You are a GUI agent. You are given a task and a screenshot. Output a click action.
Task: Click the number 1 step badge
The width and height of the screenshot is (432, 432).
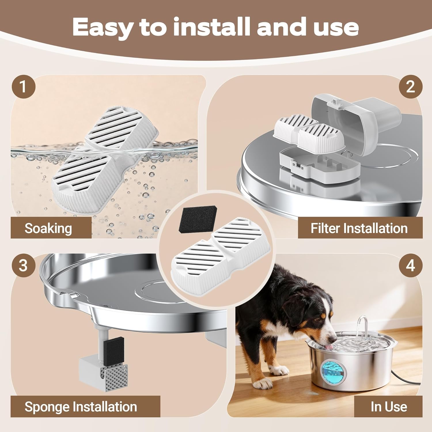pyautogui.click(x=23, y=87)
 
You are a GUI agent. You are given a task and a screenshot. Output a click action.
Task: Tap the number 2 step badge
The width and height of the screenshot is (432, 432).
pyautogui.click(x=410, y=87)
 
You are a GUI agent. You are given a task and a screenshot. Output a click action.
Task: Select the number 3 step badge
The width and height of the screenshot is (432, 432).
pyautogui.click(x=23, y=265)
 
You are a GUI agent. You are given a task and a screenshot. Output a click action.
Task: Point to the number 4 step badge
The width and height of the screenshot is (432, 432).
pyautogui.click(x=410, y=265)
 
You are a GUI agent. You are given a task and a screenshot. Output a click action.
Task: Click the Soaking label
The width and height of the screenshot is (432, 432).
pyautogui.click(x=48, y=228)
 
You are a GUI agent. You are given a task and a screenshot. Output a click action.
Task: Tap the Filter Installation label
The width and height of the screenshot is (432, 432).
pyautogui.click(x=359, y=228)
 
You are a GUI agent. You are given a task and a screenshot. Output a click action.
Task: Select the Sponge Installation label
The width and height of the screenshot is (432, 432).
pyautogui.click(x=81, y=407)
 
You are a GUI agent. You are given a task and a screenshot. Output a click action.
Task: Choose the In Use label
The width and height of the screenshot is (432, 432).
pyautogui.click(x=389, y=407)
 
